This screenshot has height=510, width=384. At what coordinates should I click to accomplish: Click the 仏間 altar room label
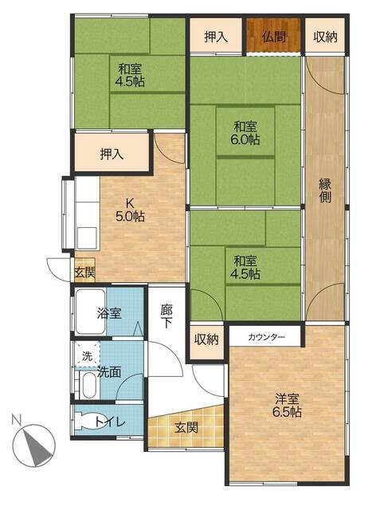pyautogui.click(x=274, y=37)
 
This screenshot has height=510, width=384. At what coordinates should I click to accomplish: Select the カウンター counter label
pyautogui.click(x=266, y=337)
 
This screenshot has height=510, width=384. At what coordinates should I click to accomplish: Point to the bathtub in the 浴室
pyautogui.click(x=90, y=312)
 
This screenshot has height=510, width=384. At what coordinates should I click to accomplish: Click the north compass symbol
pyautogui.click(x=33, y=445)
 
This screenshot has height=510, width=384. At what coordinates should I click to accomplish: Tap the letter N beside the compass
pyautogui.click(x=16, y=419)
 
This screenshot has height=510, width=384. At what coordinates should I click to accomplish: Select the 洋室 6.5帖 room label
pyautogui.click(x=287, y=405)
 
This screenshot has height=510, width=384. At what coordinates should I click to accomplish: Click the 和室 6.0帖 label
pyautogui.click(x=245, y=133)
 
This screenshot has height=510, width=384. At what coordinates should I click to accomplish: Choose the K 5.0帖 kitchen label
pyautogui.click(x=130, y=210)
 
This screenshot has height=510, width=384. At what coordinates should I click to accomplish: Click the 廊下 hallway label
pyautogui.click(x=167, y=316)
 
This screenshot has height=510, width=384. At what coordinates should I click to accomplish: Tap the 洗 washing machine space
pyautogui.click(x=87, y=356)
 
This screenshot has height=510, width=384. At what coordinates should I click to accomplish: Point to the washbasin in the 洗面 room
pyautogui.click(x=88, y=386)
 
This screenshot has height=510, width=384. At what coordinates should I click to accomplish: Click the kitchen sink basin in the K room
pyautogui.click(x=87, y=237)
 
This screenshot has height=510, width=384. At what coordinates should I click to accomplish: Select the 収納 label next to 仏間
pyautogui.click(x=325, y=37)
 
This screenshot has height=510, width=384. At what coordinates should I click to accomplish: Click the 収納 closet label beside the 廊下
pyautogui.click(x=206, y=339)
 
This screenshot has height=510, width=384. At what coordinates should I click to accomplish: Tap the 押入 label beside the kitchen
pyautogui.click(x=112, y=154)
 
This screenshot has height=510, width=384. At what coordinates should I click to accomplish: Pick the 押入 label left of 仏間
pyautogui.click(x=216, y=37)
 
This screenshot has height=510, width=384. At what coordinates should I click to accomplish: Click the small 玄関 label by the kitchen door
pyautogui.click(x=84, y=273)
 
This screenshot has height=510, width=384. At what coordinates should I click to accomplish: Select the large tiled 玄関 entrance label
pyautogui.click(x=186, y=428)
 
